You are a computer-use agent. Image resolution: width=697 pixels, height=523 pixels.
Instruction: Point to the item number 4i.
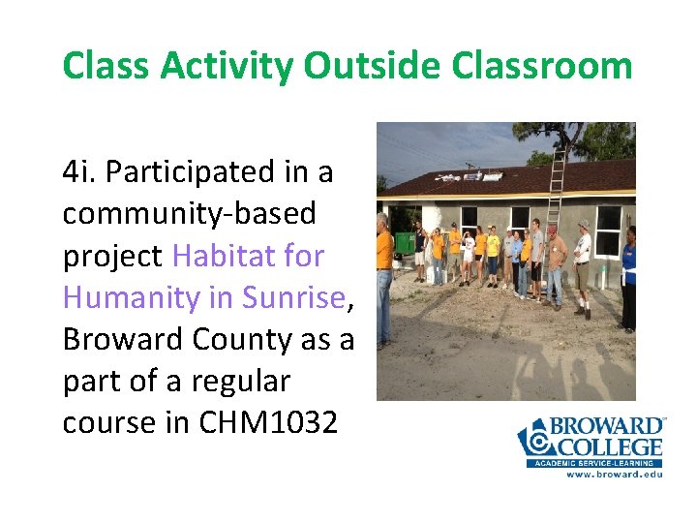pyautogui.click(x=78, y=172)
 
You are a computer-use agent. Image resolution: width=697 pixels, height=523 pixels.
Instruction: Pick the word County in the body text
pyautogui.click(x=238, y=339)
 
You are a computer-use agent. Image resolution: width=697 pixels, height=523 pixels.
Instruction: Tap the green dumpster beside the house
pyautogui.click(x=404, y=242)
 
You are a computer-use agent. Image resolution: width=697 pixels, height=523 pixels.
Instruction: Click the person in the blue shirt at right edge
pyautogui.click(x=628, y=276)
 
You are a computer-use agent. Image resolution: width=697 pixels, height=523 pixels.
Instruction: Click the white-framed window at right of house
pyautogui.click(x=608, y=231)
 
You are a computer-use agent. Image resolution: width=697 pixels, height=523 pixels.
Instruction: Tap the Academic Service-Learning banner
pyautogui.click(x=595, y=463)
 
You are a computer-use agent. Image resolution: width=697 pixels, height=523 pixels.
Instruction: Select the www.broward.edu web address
pyautogui.click(x=613, y=475)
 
